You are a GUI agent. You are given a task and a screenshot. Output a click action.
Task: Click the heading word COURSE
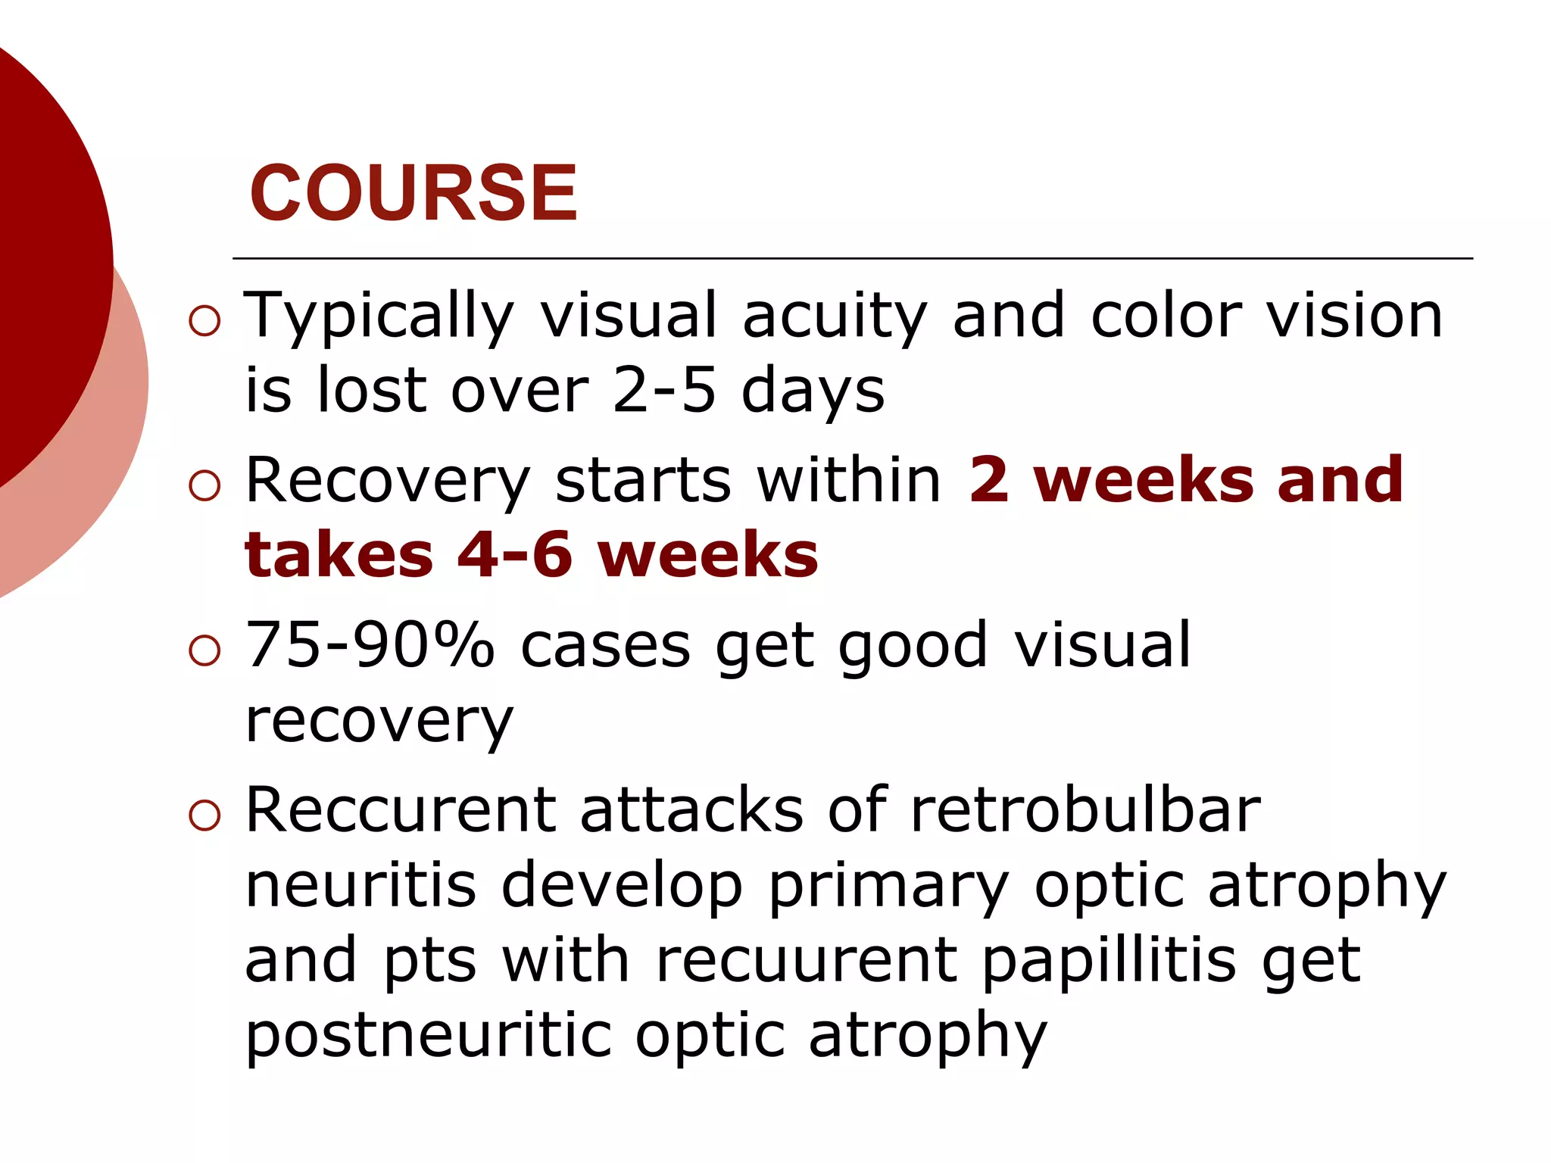413,194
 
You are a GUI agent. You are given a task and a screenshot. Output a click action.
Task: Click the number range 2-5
663,391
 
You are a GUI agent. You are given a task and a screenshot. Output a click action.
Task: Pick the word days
813,392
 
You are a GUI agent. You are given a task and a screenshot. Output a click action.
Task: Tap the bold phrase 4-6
515,556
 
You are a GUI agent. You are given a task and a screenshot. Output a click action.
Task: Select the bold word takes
339,556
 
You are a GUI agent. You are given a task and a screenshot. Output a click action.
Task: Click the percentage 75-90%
370,645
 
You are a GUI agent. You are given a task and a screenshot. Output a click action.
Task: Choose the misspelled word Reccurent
401,810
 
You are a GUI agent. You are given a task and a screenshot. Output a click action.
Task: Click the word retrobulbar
1085,810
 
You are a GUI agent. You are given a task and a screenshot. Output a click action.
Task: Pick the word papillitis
1108,960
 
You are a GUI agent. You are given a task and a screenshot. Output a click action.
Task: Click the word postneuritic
429,1036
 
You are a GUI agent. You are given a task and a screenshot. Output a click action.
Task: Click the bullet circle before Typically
204,321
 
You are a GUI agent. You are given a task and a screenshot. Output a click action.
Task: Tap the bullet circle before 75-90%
204,650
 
